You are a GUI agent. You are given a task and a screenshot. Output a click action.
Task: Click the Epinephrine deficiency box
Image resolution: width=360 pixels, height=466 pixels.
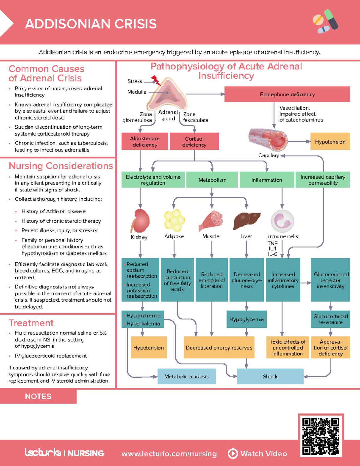tap(287, 94)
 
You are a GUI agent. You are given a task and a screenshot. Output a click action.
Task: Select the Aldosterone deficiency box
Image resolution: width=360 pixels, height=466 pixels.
tap(145, 141)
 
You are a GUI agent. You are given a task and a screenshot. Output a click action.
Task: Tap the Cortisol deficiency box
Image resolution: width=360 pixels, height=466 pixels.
tap(194, 141)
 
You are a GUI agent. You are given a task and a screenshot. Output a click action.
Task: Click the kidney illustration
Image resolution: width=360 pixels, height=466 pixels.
tap(140, 221)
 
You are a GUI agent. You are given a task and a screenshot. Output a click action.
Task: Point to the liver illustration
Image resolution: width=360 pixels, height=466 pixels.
tap(247, 221)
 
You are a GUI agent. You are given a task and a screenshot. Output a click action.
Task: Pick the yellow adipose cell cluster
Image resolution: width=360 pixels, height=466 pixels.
tap(174, 221)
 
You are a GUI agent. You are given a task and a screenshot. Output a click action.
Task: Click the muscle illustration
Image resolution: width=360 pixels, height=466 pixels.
tap(211, 221)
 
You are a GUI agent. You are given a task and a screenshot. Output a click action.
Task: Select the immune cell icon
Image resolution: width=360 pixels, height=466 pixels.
tap(282, 221)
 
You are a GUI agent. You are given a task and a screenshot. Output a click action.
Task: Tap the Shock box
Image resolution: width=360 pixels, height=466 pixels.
tap(270, 376)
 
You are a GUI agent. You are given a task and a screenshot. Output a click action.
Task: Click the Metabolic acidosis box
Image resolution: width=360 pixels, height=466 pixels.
tap(186, 376)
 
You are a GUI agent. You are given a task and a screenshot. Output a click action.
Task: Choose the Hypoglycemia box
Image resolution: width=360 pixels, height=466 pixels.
tap(246, 319)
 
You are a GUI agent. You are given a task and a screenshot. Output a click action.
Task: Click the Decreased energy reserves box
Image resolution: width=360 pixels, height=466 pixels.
tap(219, 347)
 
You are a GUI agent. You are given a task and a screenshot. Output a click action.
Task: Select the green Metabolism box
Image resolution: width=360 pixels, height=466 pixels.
tap(212, 180)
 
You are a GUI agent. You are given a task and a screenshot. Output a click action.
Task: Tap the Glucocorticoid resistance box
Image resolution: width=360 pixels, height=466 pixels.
tap(330, 319)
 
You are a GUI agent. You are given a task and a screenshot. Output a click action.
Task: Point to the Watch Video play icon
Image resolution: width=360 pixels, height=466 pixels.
tap(233, 453)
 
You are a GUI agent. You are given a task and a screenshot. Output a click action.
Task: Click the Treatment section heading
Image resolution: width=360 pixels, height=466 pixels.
tap(31, 323)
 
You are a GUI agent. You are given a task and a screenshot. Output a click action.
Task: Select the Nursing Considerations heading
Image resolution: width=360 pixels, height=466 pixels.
tap(61, 166)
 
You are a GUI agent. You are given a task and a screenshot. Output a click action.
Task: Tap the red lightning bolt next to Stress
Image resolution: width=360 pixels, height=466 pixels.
tap(156, 80)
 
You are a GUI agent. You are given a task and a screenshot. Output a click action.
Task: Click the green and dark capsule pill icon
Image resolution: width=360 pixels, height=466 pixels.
tap(331, 19)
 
